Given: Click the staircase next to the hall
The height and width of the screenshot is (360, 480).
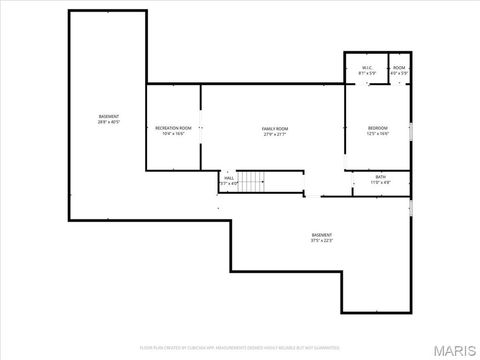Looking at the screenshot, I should (255, 181).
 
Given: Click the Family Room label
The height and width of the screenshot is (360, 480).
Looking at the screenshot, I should (275, 128).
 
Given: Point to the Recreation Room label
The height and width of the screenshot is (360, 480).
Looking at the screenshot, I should (172, 128).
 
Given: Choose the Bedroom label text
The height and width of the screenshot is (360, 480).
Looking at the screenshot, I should (377, 128).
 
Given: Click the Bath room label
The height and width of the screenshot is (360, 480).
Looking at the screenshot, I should (381, 178).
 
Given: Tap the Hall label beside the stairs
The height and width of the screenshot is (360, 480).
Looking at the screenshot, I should (229, 178).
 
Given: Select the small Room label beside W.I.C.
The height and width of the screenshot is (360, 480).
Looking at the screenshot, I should (399, 67).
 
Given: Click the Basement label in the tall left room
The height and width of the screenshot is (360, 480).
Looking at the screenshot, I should (109, 117).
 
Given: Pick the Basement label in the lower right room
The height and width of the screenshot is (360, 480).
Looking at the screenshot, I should (321, 235).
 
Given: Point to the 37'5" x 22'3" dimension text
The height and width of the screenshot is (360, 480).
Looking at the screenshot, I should (321, 241).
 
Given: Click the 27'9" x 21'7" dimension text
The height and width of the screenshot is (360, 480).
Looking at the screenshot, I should (275, 134).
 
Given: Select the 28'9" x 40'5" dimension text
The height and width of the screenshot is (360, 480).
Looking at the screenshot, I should (109, 123).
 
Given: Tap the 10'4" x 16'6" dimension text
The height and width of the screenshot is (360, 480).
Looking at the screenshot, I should (172, 134).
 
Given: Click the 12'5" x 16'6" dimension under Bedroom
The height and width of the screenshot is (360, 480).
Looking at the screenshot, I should (377, 134).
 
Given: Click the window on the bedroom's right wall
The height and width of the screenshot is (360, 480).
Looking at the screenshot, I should (411, 130).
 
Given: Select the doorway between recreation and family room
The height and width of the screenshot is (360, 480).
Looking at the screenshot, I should (201, 128).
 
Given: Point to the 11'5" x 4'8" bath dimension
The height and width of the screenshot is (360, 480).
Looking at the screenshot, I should (381, 184).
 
